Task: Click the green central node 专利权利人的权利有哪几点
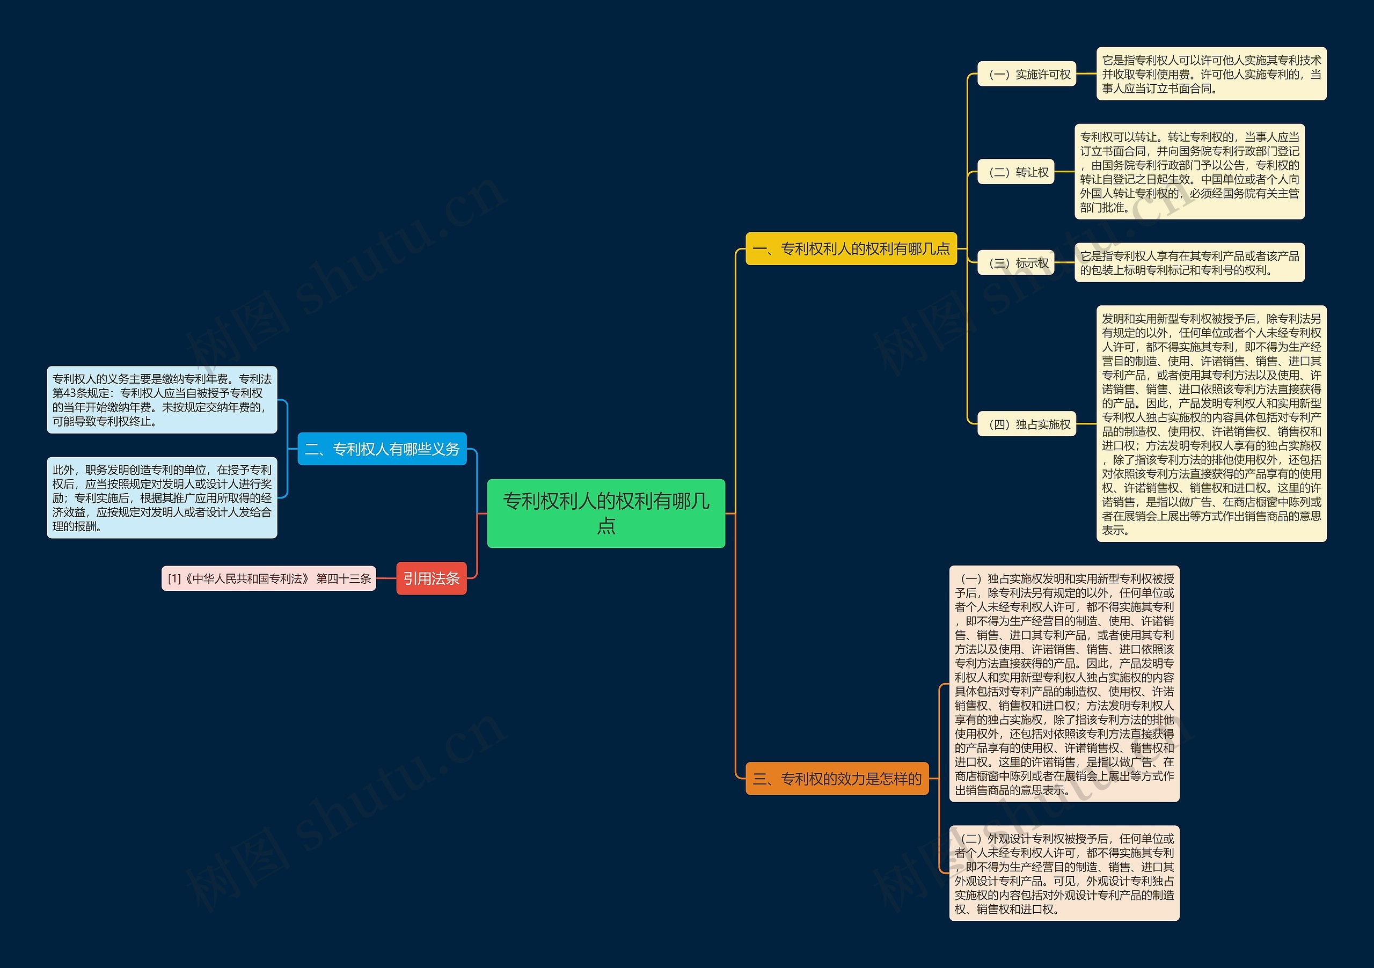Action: click(605, 513)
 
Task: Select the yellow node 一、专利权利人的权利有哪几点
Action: click(851, 248)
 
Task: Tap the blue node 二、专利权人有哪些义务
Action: click(382, 449)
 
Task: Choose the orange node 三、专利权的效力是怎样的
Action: click(837, 779)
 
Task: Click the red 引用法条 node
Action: click(431, 578)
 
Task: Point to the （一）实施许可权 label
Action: click(1026, 74)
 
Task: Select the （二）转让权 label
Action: click(1015, 172)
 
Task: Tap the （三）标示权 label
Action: click(1015, 263)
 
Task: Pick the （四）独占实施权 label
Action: click(1026, 424)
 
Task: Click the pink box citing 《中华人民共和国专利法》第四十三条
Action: click(269, 578)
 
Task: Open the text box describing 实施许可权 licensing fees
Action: click(1211, 74)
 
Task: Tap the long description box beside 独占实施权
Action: click(1211, 424)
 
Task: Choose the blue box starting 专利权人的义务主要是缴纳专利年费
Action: click(162, 400)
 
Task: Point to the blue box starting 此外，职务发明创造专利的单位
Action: click(162, 498)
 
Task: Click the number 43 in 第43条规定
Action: click(70, 393)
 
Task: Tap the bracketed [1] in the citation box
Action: click(174, 578)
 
